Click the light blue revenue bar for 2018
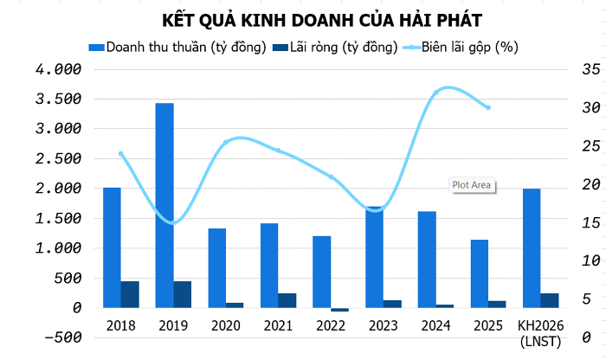(112, 247)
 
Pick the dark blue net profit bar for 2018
(130, 294)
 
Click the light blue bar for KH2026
(532, 247)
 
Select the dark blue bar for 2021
(287, 300)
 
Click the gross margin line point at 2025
(488, 107)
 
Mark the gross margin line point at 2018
(120, 154)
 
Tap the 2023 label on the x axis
(384, 325)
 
